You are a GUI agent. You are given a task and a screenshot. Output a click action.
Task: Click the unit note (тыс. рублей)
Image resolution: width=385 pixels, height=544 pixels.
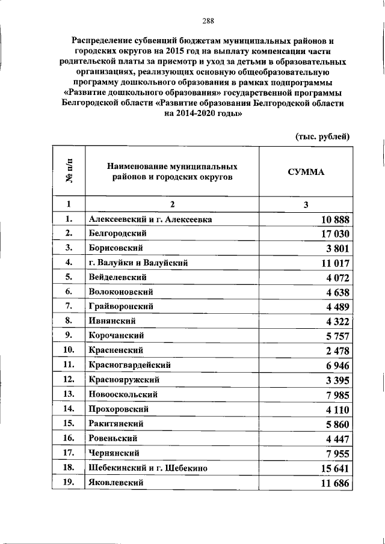pyautogui.click(x=322, y=136)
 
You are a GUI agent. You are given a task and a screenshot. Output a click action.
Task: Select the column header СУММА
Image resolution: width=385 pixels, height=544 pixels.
pyautogui.click(x=306, y=171)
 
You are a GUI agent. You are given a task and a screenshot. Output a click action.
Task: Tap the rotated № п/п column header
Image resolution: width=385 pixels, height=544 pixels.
pyautogui.click(x=69, y=171)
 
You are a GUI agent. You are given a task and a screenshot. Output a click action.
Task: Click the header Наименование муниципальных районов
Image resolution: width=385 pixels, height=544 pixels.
pyautogui.click(x=172, y=171)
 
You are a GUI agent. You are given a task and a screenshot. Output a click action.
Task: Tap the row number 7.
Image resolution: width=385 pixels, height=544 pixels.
pyautogui.click(x=69, y=306)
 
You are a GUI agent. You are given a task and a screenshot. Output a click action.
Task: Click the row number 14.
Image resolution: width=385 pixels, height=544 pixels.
pyautogui.click(x=69, y=409)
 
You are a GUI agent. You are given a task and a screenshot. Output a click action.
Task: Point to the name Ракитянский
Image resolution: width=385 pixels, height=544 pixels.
pyautogui.click(x=115, y=423)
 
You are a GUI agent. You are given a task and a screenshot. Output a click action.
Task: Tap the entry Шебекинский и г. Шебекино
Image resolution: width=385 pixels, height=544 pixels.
pyautogui.click(x=148, y=467)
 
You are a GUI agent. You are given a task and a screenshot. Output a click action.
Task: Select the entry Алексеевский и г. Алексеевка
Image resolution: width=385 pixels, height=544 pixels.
pyautogui.click(x=150, y=219)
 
